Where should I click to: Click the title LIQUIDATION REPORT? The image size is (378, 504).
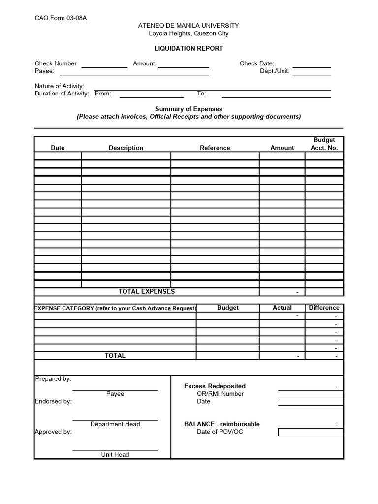click(x=189, y=49)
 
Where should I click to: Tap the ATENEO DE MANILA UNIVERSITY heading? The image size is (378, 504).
click(x=189, y=26)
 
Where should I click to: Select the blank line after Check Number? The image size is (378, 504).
click(x=104, y=65)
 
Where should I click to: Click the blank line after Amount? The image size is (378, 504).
click(x=183, y=65)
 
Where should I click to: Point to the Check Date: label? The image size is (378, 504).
click(x=256, y=63)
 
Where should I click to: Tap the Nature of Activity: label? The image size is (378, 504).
click(x=59, y=86)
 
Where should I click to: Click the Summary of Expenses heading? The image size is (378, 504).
click(x=189, y=109)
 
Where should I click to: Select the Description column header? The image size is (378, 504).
click(x=126, y=148)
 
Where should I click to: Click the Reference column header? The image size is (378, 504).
click(x=215, y=148)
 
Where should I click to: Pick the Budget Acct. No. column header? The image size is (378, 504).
click(x=324, y=144)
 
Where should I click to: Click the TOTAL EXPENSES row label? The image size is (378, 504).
click(x=146, y=291)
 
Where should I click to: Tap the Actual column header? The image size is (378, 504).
click(x=282, y=308)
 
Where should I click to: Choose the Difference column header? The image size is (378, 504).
click(x=324, y=308)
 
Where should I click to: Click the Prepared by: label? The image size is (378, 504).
click(x=53, y=378)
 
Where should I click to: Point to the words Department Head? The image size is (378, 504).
click(x=115, y=424)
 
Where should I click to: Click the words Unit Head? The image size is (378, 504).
click(x=115, y=455)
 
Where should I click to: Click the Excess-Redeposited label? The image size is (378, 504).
click(x=215, y=386)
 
